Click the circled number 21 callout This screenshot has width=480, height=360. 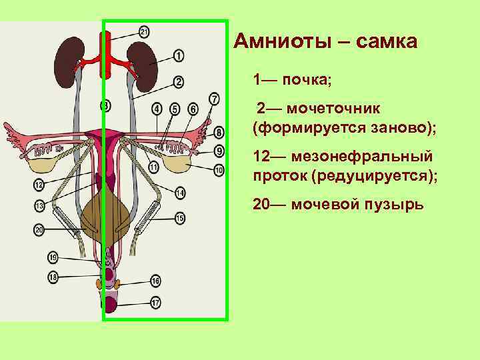(x=145, y=31)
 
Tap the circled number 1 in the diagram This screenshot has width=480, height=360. (x=179, y=55)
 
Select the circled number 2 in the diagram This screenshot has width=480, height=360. (x=179, y=82)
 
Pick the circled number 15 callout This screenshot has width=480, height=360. (x=180, y=218)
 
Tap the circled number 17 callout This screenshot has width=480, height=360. (x=155, y=303)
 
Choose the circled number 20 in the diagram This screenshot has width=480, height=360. (x=39, y=229)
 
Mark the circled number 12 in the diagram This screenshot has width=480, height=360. (x=39, y=184)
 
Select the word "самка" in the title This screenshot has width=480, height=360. (x=387, y=43)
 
